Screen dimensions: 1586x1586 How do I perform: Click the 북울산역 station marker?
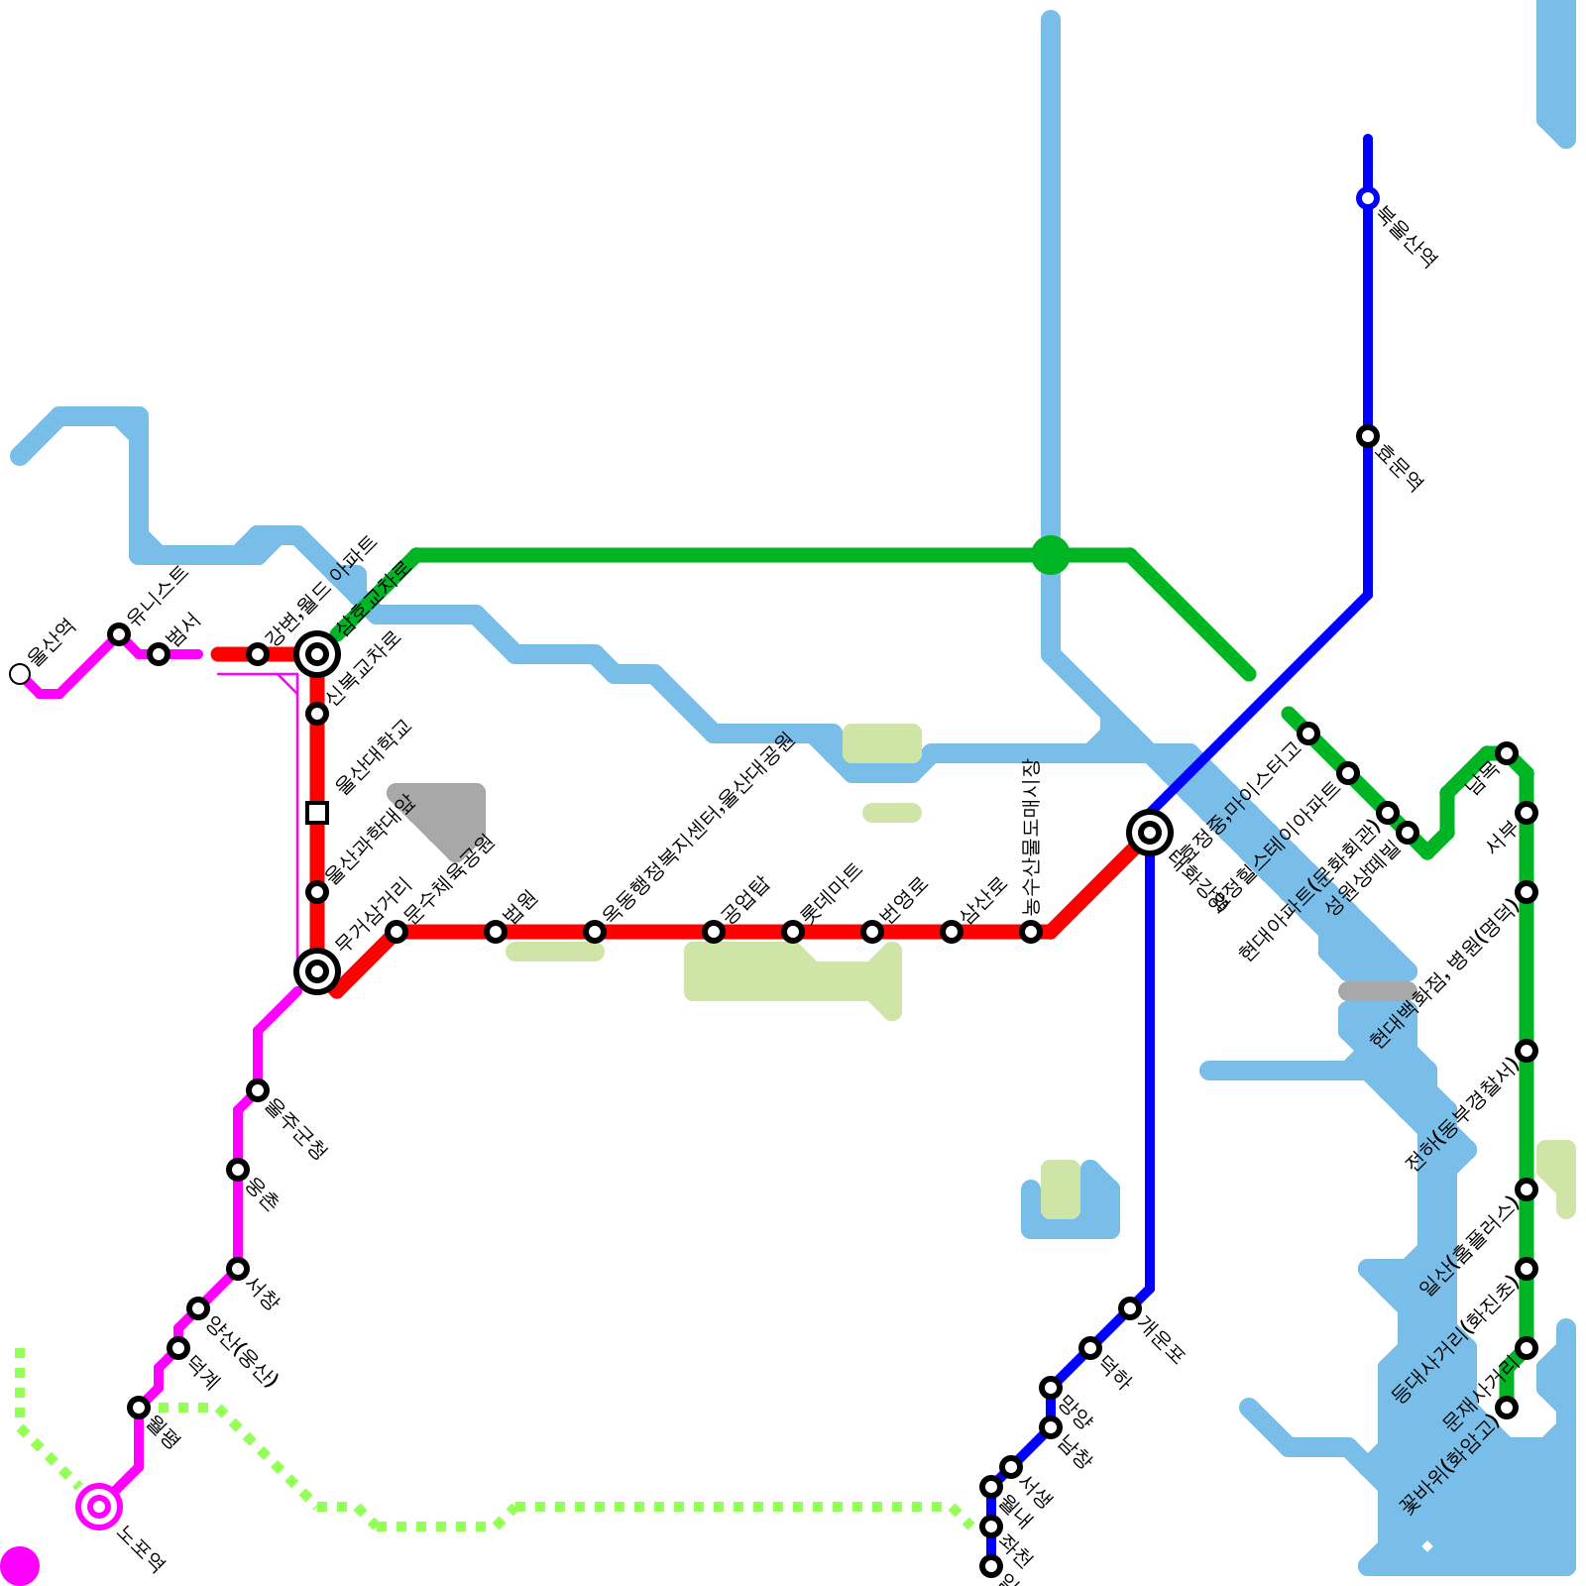[1368, 198]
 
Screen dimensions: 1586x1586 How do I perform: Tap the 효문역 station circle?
[1368, 436]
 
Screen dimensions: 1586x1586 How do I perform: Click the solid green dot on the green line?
[1051, 555]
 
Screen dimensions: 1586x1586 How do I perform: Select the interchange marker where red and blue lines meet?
[1150, 833]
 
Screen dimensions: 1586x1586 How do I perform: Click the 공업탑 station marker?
[714, 932]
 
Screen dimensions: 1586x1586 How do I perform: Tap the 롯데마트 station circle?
[793, 932]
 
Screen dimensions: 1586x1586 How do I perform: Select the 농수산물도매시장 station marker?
[1031, 932]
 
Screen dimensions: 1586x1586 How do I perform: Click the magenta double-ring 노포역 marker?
[99, 1507]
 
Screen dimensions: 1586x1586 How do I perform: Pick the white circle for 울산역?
[20, 674]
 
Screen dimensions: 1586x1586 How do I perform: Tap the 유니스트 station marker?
[119, 634]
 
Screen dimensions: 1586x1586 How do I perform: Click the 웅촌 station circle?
[238, 1170]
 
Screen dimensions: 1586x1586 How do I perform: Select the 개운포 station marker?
[1130, 1308]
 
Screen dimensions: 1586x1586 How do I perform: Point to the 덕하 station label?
[1115, 1372]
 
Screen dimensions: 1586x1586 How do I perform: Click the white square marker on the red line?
[317, 813]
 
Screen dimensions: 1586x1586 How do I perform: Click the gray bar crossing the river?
[1376, 991]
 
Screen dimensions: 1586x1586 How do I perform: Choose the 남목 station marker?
[1507, 753]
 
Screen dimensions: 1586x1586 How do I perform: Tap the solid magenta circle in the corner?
[20, 1566]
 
